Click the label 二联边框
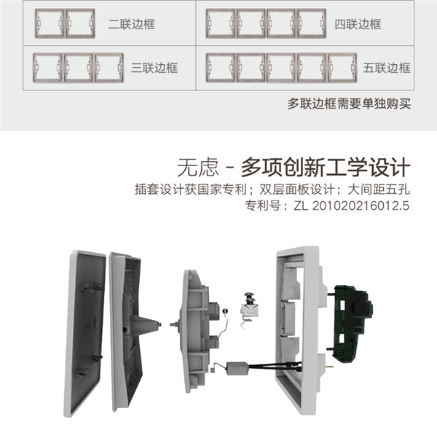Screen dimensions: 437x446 click(131, 24)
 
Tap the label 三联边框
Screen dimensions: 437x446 click(154, 68)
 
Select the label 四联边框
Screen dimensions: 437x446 click(358, 24)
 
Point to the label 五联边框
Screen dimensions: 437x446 click(387, 68)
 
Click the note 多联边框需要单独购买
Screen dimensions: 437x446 click(349, 103)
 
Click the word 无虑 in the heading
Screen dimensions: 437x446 click(198, 168)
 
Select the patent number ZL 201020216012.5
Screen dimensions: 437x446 click(351, 206)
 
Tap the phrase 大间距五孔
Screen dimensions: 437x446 click(379, 189)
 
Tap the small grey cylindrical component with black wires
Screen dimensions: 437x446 click(237, 368)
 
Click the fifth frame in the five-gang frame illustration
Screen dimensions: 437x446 click(342, 68)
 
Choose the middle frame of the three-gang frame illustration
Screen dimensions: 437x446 click(79, 68)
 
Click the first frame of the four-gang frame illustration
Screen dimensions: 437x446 click(221, 23)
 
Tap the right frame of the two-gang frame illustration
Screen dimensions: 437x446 click(80, 23)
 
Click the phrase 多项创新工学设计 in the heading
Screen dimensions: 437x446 click(326, 168)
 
